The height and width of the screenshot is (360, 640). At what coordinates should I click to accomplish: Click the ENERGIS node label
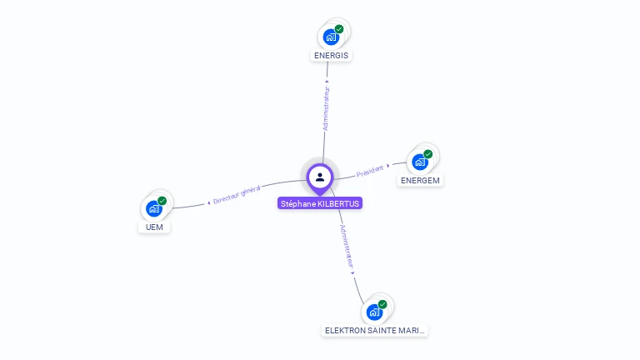332,56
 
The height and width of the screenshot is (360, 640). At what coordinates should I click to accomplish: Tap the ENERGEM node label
420,180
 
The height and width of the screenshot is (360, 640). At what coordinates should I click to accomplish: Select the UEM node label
153,227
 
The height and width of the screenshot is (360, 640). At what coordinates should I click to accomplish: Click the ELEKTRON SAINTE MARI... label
374,330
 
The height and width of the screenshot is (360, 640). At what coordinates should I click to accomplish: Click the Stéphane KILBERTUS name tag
320,203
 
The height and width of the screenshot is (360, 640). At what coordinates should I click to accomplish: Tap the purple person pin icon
320,177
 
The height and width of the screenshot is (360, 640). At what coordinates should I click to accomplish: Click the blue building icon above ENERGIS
331,37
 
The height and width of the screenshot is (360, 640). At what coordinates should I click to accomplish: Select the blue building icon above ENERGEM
419,162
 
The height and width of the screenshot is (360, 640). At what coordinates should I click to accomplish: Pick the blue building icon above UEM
153,208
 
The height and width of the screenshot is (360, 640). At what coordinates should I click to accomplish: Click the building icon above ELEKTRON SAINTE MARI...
374,312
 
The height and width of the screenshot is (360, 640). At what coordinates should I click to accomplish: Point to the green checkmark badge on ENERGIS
339,29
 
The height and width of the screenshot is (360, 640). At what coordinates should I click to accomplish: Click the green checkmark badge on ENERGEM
427,153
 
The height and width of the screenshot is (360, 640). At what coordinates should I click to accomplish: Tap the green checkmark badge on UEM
162,201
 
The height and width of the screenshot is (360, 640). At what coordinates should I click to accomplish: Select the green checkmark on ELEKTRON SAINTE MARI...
382,304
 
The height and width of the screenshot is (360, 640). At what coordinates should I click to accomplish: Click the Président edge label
370,171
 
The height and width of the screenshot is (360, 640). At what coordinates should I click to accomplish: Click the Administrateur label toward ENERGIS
326,107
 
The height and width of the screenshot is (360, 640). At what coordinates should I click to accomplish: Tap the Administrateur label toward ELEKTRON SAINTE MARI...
347,245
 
